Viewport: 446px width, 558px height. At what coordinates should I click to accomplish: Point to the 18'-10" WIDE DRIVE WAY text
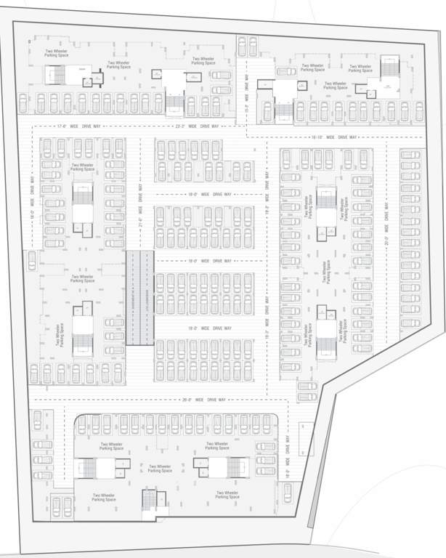(x=333, y=137)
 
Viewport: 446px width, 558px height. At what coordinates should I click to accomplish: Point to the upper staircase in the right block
(x=325, y=207)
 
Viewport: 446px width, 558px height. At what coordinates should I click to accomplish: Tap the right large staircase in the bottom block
(x=219, y=469)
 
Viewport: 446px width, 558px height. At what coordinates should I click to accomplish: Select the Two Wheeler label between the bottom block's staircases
(x=160, y=469)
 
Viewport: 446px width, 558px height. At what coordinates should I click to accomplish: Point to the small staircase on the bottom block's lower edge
(x=150, y=501)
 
